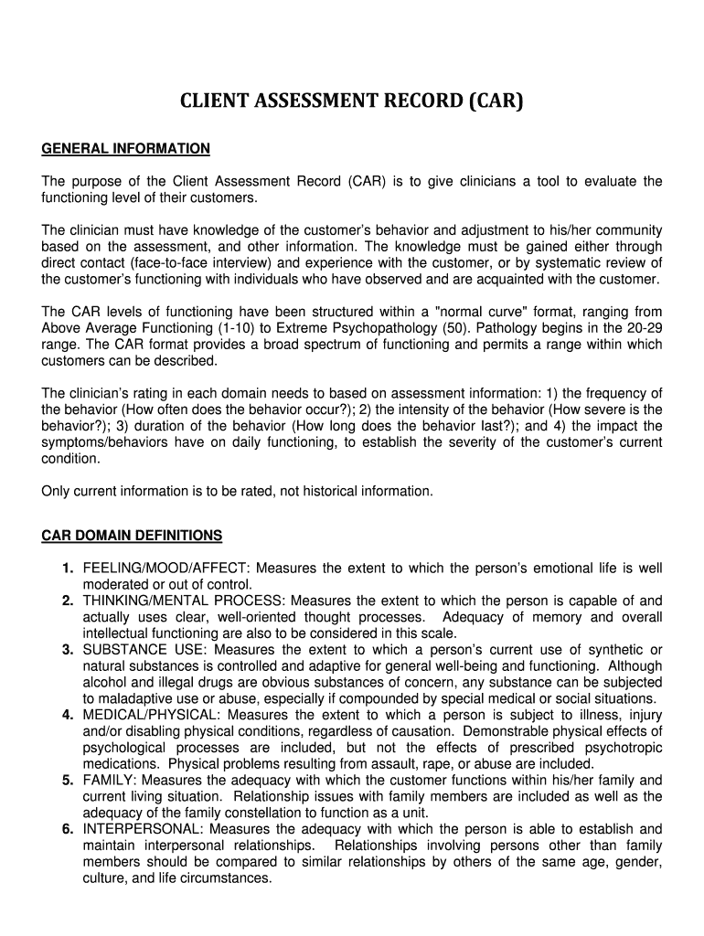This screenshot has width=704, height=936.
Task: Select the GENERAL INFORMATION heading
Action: (126, 148)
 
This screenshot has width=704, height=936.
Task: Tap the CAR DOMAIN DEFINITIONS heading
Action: (132, 535)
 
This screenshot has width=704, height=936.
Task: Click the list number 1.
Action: (68, 569)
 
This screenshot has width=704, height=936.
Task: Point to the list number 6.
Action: (68, 829)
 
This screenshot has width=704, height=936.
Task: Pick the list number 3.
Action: (68, 650)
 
